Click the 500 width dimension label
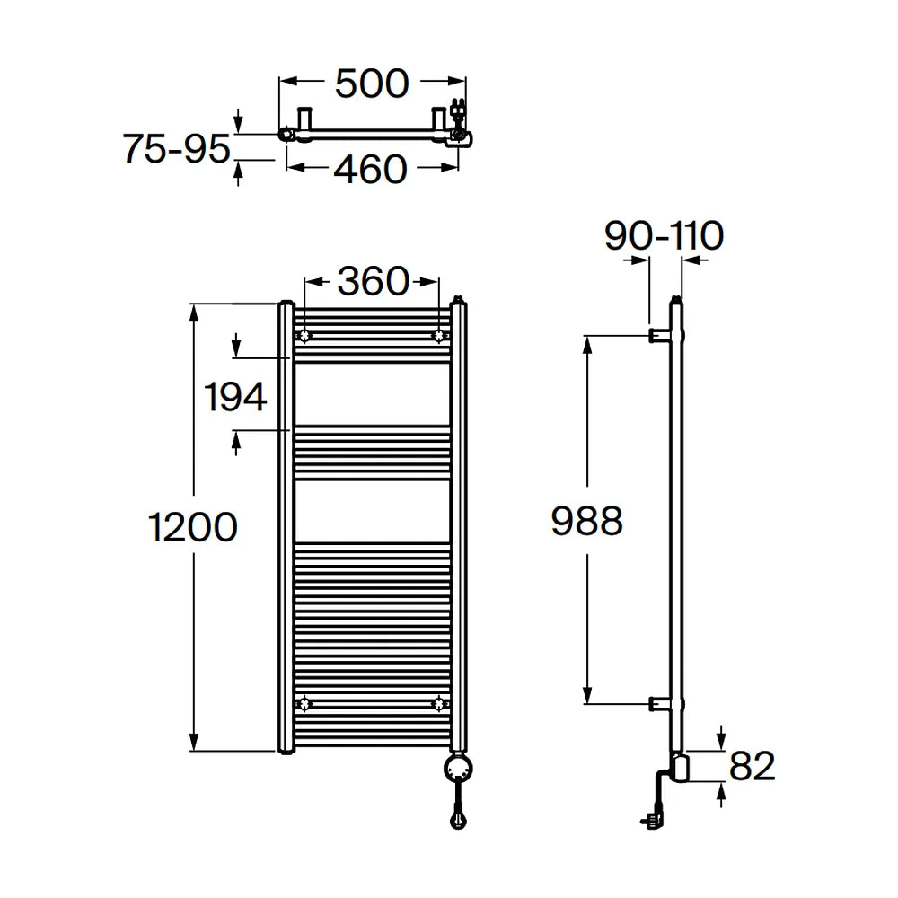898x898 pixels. pyautogui.click(x=372, y=84)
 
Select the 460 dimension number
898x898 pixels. pyautogui.click(x=370, y=170)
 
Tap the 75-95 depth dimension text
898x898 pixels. pyautogui.click(x=176, y=148)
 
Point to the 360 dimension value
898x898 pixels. pyautogui.click(x=373, y=281)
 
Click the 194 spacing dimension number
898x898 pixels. pyautogui.click(x=235, y=396)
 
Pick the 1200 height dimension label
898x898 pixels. pyautogui.click(x=193, y=527)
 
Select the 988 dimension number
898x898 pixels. pyautogui.click(x=586, y=521)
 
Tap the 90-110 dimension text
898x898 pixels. pyautogui.click(x=664, y=235)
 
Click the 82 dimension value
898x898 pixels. pyautogui.click(x=752, y=766)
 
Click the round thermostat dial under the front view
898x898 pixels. pyautogui.click(x=458, y=768)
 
